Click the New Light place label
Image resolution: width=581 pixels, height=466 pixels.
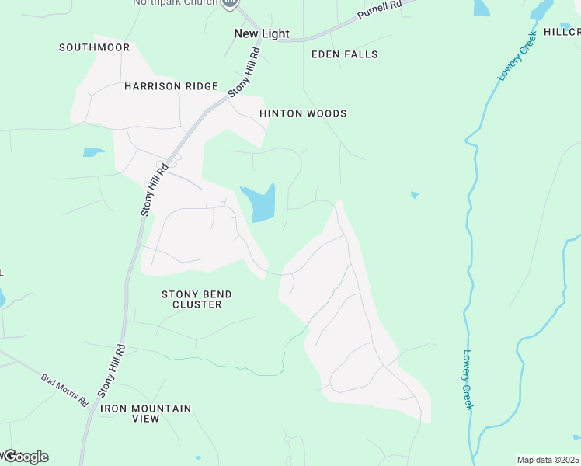262,33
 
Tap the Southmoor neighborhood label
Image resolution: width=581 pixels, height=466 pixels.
94,47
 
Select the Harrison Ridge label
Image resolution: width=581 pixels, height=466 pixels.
171,86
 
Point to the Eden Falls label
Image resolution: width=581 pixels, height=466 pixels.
344,54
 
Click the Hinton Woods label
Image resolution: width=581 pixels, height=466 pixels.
303,113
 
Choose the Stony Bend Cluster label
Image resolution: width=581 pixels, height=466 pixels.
197,299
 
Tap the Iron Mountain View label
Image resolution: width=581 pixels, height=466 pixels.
135,413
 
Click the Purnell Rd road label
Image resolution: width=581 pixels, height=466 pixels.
380,10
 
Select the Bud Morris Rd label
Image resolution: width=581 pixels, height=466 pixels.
64,391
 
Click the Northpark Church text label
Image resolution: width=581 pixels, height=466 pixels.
176,2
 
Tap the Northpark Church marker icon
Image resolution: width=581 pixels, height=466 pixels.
229,3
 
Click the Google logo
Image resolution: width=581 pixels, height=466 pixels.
26,457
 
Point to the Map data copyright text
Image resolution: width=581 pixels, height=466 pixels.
548,460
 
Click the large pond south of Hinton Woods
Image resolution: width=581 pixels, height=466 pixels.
259,204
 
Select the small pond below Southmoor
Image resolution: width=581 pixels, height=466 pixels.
93,152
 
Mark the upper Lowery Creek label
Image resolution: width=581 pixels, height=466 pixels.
517,56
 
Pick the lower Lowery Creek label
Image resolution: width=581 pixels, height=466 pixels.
468,380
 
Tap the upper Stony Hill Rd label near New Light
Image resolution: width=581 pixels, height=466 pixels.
244,72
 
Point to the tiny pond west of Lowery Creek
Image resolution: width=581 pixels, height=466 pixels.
415,194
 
